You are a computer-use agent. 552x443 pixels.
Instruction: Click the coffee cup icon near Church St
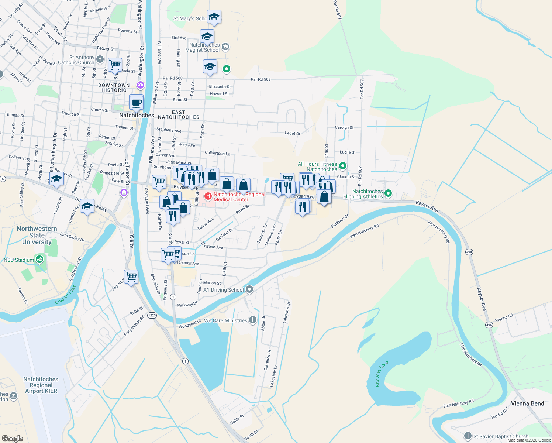click(137, 102)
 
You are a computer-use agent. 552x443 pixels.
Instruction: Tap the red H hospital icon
click(208, 196)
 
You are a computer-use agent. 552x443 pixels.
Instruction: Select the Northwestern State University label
click(37, 235)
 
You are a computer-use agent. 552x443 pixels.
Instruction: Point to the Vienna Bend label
click(527, 403)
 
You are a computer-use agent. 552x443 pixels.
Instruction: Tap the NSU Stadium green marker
click(39, 260)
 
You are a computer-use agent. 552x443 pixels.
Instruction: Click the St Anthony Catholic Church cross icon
click(100, 59)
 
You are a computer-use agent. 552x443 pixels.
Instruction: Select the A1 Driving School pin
click(249, 289)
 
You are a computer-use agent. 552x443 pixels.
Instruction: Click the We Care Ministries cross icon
click(253, 320)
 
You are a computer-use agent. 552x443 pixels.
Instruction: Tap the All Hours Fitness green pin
click(342, 166)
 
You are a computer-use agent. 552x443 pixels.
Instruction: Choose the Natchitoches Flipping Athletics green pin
click(388, 193)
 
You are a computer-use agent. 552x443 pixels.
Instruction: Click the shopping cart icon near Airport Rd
click(131, 277)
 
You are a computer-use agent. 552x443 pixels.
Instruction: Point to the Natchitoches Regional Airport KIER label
click(41, 385)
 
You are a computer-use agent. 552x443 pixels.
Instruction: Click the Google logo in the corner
click(12, 439)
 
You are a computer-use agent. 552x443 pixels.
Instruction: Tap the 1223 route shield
click(152, 315)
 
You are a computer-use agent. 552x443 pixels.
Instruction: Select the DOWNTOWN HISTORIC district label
click(114, 87)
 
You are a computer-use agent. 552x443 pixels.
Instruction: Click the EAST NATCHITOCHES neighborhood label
click(179, 114)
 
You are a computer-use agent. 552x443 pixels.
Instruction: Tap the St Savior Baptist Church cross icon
click(468, 436)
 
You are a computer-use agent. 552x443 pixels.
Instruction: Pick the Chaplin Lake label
click(66, 295)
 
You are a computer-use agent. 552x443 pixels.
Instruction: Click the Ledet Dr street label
click(293, 133)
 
